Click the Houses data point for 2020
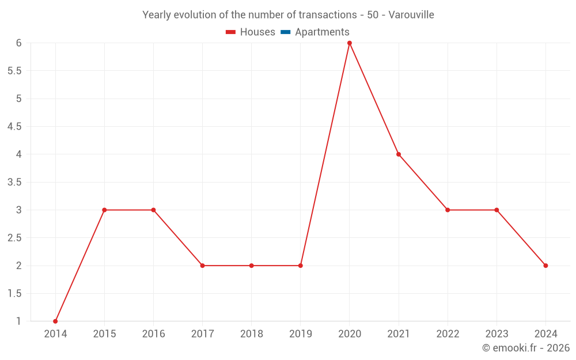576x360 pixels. tap(350, 43)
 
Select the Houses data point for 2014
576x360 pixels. tap(55, 321)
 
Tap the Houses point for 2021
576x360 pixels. tap(399, 154)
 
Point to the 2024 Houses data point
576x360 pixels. tap(545, 266)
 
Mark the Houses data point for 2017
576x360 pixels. tap(203, 266)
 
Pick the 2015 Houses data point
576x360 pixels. tap(104, 210)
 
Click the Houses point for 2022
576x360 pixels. tap(448, 210)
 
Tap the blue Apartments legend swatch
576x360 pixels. tap(285, 32)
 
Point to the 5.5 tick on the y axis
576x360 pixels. tap(14, 71)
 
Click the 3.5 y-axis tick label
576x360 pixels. tap(14, 182)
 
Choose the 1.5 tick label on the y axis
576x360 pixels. tap(14, 293)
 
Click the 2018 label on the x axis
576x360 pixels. tap(252, 334)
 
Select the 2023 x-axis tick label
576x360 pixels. tap(497, 334)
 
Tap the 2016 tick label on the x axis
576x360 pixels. tap(153, 334)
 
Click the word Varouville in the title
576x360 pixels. tap(411, 15)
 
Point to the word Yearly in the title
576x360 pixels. tap(157, 15)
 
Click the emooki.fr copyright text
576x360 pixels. tap(526, 348)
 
